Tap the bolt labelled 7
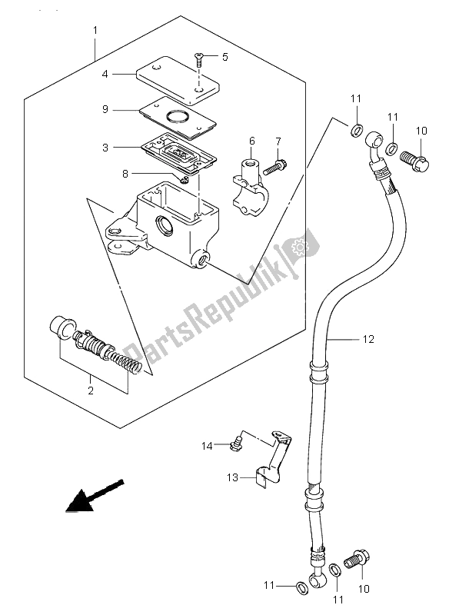click(x=125, y=175)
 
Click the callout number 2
click(x=91, y=391)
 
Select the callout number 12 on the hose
click(x=369, y=338)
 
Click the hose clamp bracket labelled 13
click(x=276, y=464)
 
